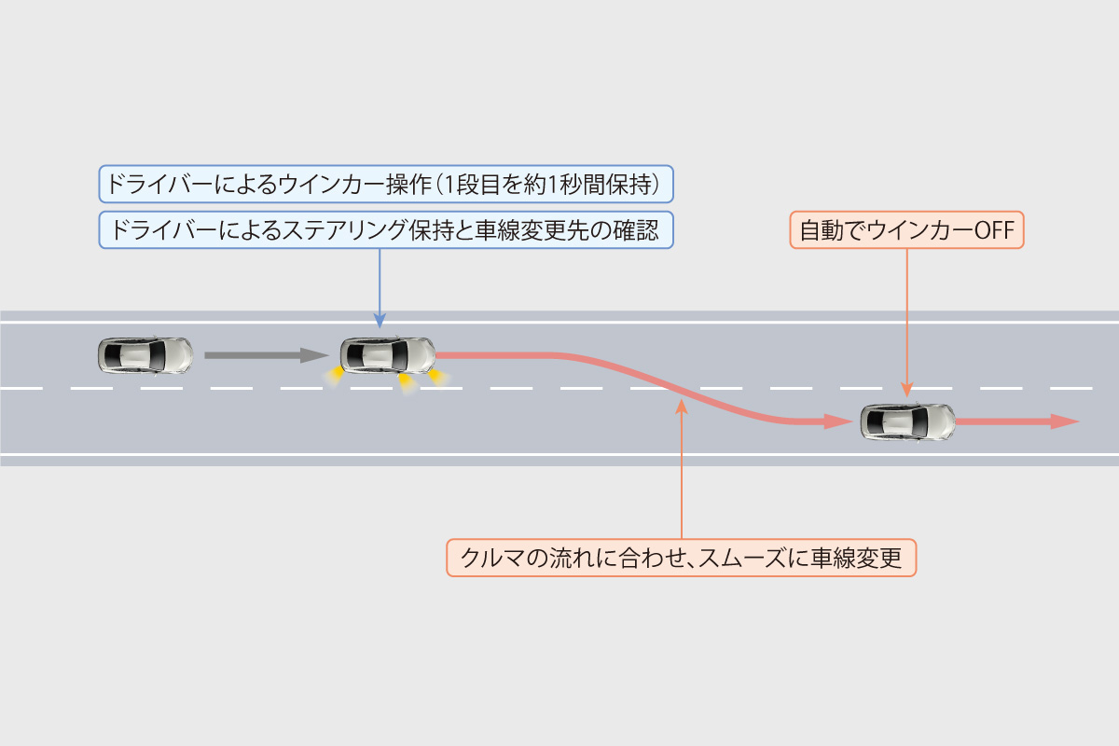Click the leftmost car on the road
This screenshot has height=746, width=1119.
[x=145, y=354]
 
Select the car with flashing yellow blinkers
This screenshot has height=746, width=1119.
[x=388, y=354]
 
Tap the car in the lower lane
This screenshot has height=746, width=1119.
[x=907, y=422]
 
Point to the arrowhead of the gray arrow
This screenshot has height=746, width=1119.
[x=315, y=355]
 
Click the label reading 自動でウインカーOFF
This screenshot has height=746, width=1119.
[x=906, y=229]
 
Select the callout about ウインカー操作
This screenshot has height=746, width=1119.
[x=386, y=184]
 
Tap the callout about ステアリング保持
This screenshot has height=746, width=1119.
[x=386, y=230]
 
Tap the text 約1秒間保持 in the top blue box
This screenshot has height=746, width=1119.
[x=601, y=184]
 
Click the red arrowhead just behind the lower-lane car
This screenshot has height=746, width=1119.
[x=836, y=421]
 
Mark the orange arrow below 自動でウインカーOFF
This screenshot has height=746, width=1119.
[x=906, y=322]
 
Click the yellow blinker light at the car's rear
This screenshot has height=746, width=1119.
[x=331, y=375]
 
